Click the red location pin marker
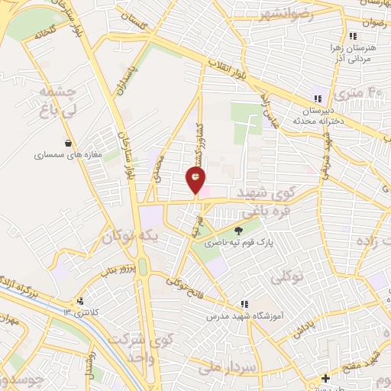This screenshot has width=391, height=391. (x=195, y=179)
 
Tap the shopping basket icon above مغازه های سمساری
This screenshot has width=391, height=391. (x=69, y=142)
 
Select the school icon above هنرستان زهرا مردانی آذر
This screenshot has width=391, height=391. (x=352, y=36)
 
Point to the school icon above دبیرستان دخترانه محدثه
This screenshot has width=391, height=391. (x=317, y=99)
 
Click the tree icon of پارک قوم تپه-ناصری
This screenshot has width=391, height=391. (x=239, y=230)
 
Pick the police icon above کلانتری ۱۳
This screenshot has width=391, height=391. (x=80, y=301)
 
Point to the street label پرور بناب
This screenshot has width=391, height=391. (x=120, y=270)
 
